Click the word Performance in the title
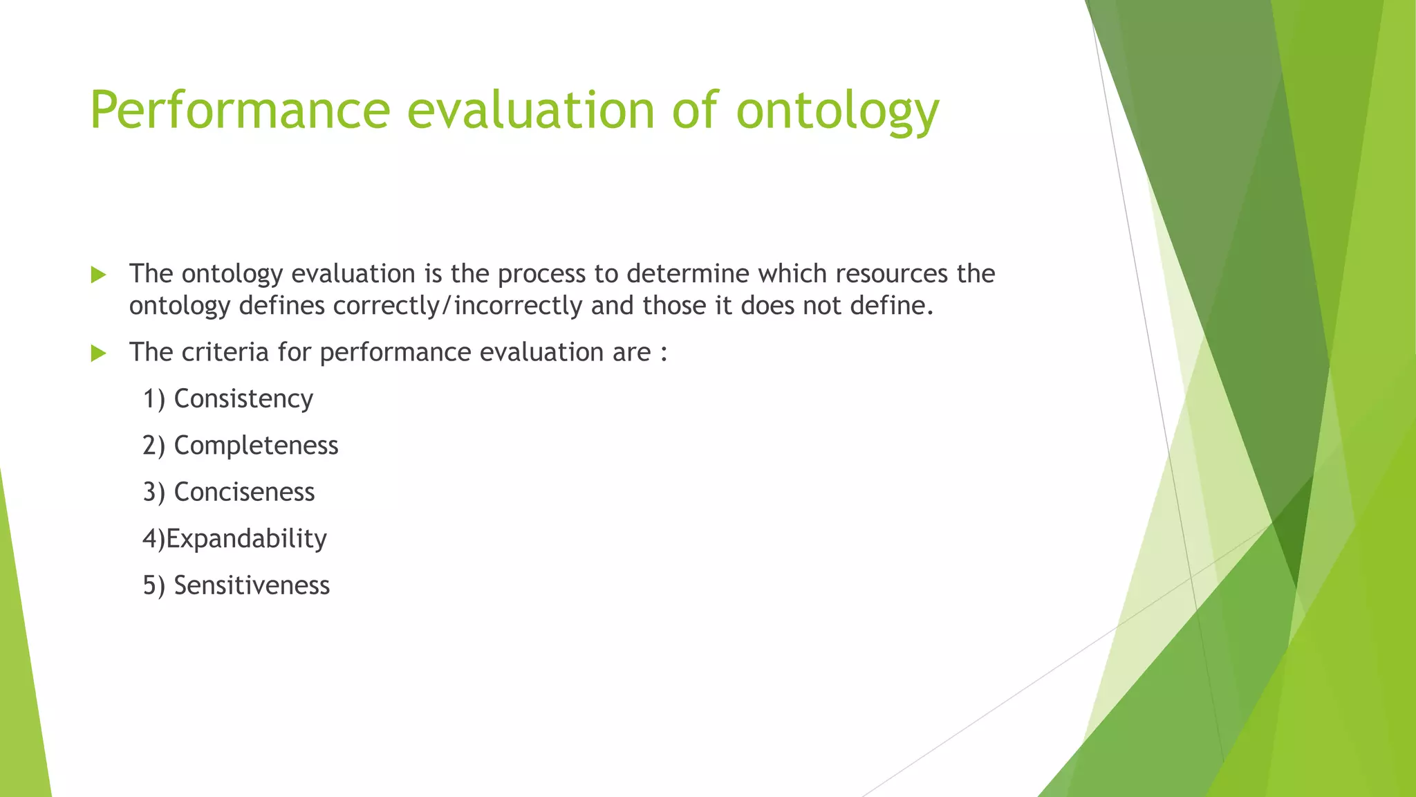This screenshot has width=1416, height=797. (240, 111)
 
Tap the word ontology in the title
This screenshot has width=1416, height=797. (837, 111)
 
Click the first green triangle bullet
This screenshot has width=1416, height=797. (98, 275)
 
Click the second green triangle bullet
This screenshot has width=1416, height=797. (98, 354)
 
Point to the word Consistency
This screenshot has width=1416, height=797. (243, 399)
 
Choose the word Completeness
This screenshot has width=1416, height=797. (256, 446)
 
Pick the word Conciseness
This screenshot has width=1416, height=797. (244, 492)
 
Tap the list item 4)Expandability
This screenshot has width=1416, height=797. (234, 539)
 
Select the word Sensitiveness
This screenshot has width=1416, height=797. (252, 585)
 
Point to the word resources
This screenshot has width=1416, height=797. (891, 274)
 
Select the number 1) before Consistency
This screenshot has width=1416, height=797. (153, 399)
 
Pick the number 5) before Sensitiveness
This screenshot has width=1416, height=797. (153, 585)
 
